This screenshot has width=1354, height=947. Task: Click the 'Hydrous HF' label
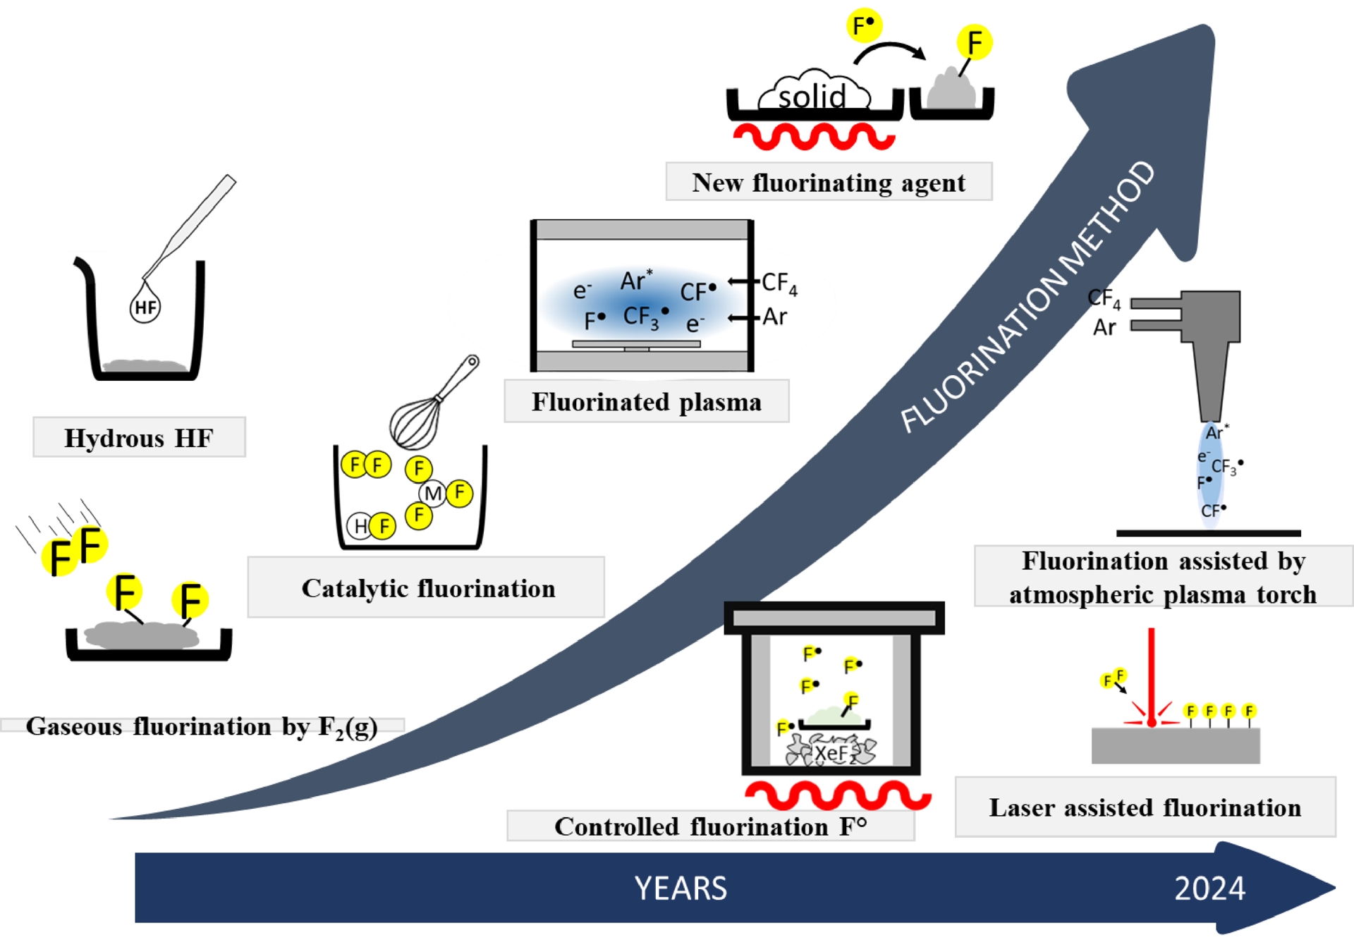click(139, 438)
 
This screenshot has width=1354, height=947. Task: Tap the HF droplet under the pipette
click(145, 307)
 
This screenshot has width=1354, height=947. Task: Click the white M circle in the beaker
click(433, 494)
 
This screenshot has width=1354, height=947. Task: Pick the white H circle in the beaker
click(360, 526)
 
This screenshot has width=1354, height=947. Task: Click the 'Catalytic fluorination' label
click(427, 588)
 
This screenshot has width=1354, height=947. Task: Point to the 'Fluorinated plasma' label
click(646, 402)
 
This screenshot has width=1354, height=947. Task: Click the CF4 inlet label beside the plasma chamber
click(779, 283)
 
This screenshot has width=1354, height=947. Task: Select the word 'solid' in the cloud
click(812, 96)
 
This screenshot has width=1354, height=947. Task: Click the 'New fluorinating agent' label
click(829, 183)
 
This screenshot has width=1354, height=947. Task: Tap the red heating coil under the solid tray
click(814, 136)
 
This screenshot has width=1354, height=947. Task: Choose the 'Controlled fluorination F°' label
click(710, 826)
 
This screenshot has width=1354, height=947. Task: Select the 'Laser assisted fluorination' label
click(1145, 807)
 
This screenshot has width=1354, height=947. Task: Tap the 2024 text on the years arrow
click(1209, 888)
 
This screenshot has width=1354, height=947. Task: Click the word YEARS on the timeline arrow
click(681, 888)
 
